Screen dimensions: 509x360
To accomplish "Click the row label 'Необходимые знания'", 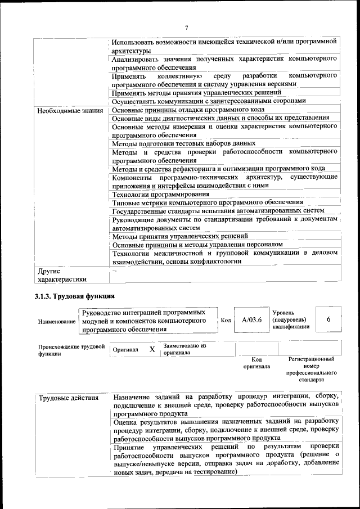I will [x=69, y=110].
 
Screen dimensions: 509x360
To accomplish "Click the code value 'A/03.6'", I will [x=251, y=320].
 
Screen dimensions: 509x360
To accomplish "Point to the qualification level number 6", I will [x=328, y=319].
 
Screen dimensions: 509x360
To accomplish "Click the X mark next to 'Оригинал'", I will [x=152, y=349].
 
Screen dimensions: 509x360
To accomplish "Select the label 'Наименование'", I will [x=57, y=321].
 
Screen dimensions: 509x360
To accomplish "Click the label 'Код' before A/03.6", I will [x=226, y=320].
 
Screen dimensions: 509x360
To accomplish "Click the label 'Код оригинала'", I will [x=256, y=363].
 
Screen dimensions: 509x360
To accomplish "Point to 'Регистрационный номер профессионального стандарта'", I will [x=311, y=369].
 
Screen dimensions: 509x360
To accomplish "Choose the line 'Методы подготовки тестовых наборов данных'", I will [x=183, y=143].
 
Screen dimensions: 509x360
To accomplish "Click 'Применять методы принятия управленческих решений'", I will [x=196, y=92].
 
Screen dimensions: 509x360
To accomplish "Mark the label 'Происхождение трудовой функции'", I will [x=71, y=350].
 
